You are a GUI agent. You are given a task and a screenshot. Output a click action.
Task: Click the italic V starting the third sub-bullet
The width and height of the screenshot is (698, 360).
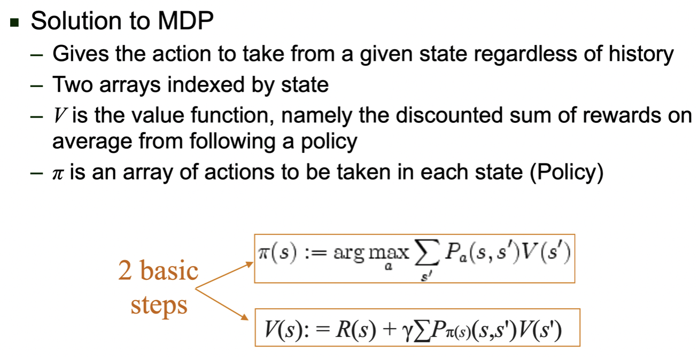pos(58,115)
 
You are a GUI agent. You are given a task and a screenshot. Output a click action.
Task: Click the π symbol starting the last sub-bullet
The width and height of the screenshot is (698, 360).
pos(58,174)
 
